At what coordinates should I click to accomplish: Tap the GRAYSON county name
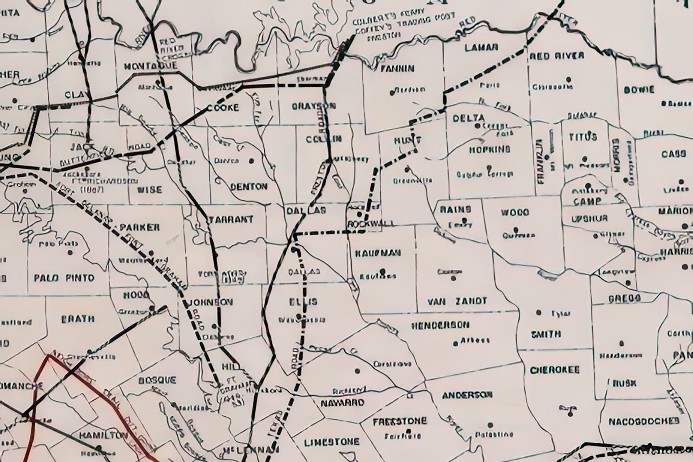(x=314, y=106)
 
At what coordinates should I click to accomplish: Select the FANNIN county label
(x=397, y=68)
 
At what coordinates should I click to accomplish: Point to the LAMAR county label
(x=481, y=48)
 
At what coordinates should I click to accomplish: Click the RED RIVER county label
(x=556, y=56)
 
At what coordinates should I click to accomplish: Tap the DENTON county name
(x=249, y=186)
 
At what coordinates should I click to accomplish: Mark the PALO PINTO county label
(x=64, y=278)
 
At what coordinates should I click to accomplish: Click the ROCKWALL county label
(x=371, y=224)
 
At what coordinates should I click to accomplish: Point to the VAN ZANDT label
(x=457, y=301)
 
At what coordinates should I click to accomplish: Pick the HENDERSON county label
(x=440, y=325)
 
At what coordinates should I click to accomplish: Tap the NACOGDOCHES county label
(x=643, y=422)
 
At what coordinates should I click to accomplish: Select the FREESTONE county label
(x=400, y=421)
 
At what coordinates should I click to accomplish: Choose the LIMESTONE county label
(x=332, y=442)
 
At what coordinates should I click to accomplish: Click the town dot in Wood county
(x=515, y=229)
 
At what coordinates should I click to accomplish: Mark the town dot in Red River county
(x=569, y=78)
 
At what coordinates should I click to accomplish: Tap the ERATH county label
(x=77, y=319)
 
